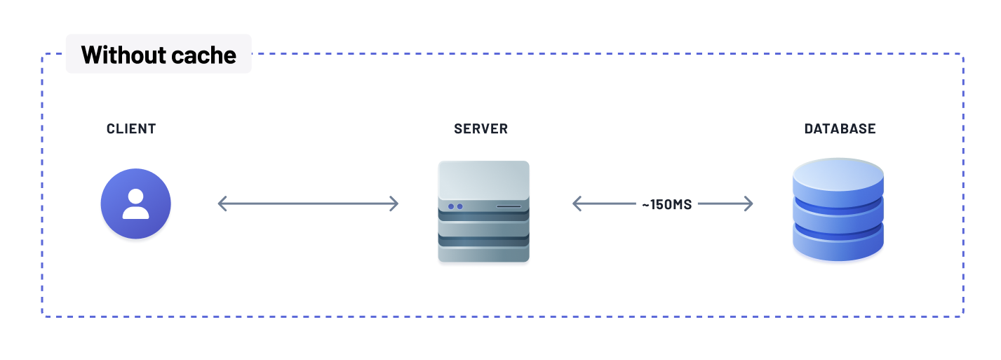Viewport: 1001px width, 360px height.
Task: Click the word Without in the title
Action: point(123,55)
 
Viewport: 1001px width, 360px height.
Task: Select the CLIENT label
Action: point(131,129)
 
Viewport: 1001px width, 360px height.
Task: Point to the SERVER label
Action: point(481,129)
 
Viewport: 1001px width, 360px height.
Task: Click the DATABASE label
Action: point(840,129)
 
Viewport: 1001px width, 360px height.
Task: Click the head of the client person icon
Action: point(136,196)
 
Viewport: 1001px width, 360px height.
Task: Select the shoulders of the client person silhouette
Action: point(136,213)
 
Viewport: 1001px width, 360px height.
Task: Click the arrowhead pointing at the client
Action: point(222,204)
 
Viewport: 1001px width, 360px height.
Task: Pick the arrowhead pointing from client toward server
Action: point(395,204)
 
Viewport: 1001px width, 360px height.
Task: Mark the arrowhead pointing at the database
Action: point(749,204)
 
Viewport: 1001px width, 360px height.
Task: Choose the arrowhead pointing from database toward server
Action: point(577,204)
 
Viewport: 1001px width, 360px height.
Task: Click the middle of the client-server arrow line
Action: point(309,204)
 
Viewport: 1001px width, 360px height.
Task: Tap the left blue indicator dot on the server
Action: point(451,206)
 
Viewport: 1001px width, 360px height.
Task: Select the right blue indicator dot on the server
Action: point(460,206)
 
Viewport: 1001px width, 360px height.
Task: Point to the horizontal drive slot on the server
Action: point(509,206)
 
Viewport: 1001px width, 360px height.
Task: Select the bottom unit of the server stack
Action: point(483,253)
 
